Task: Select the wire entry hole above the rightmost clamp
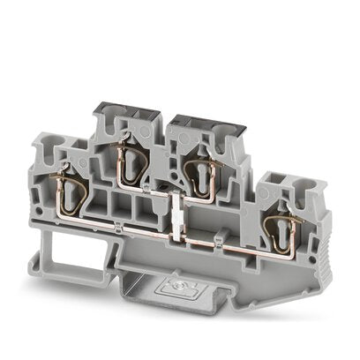pyautogui.click(x=282, y=191)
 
